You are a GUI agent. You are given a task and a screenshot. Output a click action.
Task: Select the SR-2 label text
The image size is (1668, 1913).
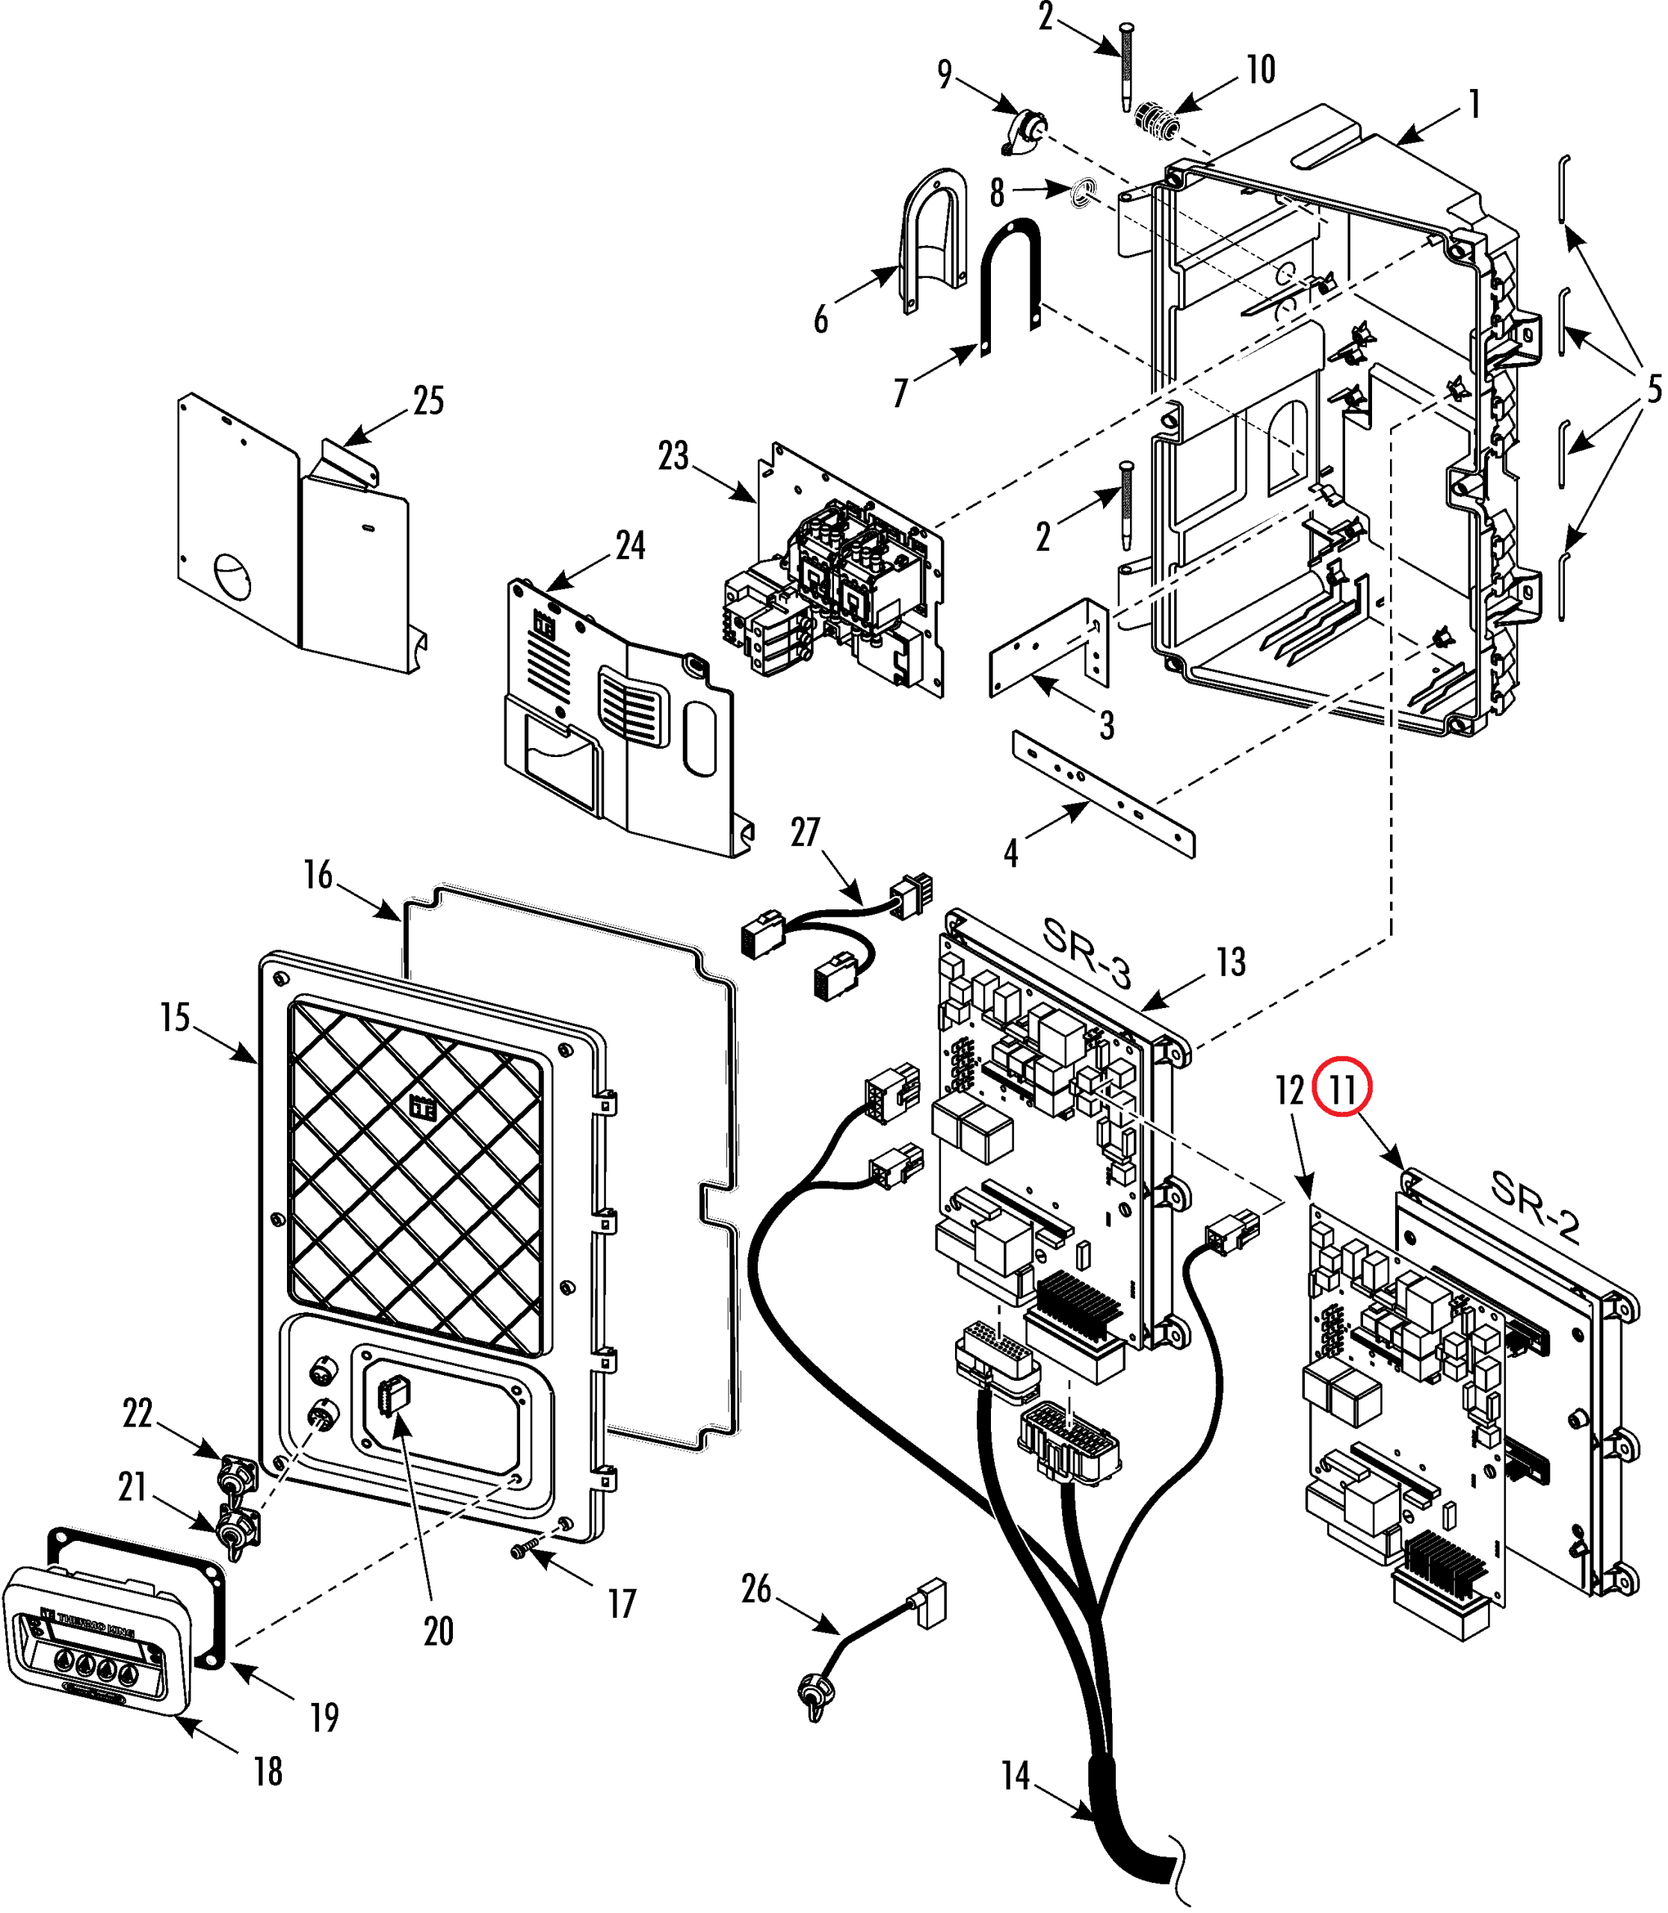(x=1535, y=1206)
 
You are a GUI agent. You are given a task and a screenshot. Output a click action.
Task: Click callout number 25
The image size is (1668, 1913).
(x=428, y=401)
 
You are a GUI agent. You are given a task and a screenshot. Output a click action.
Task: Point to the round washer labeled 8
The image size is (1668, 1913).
(x=1081, y=194)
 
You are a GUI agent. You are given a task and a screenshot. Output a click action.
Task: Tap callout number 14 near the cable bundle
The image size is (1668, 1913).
(x=1016, y=1776)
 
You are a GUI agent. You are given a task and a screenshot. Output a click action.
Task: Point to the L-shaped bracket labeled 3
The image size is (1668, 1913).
(x=1049, y=647)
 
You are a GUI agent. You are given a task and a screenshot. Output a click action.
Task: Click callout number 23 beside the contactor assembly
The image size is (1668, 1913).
(x=673, y=456)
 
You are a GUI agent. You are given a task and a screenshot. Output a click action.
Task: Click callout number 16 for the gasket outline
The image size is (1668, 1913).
(x=318, y=875)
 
